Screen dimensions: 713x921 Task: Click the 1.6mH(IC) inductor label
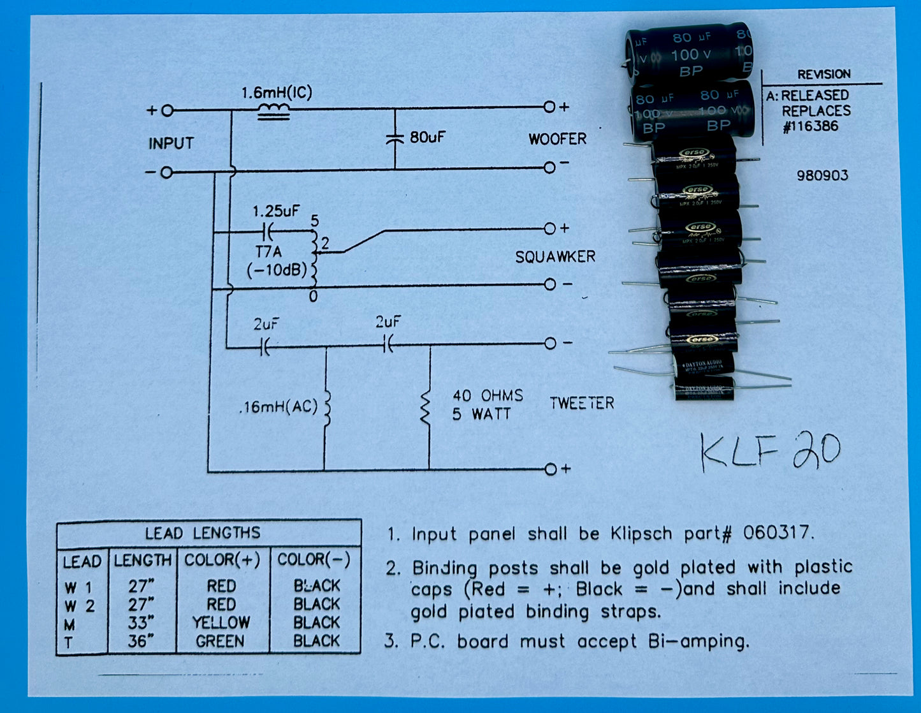277,93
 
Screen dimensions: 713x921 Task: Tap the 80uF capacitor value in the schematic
427,136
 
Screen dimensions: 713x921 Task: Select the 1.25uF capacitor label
275,210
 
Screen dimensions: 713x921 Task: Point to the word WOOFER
557,139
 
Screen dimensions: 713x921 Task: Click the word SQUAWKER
555,256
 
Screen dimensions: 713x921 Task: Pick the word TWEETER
582,403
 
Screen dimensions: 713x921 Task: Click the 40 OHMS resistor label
488,395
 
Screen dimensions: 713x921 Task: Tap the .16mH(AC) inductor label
278,406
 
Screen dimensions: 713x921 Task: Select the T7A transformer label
268,253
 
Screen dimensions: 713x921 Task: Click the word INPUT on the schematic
171,143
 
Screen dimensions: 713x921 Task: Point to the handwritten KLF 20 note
770,452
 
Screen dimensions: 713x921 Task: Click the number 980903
822,175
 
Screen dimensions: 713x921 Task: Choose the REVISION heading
823,74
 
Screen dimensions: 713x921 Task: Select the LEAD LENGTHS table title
203,533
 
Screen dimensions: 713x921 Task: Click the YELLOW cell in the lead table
221,622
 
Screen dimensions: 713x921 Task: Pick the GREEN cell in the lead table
220,641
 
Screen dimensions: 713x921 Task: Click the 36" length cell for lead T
141,641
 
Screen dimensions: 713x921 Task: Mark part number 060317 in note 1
778,533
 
